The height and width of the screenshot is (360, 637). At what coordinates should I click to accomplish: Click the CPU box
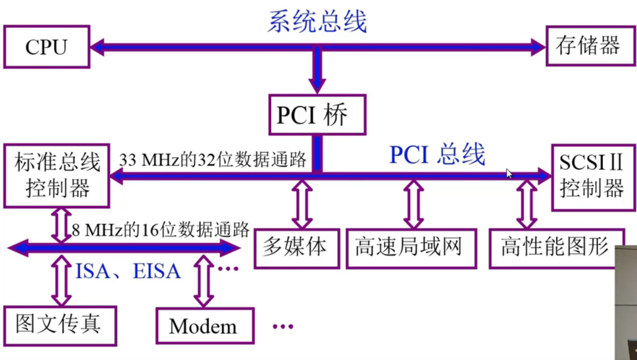[x=46, y=47]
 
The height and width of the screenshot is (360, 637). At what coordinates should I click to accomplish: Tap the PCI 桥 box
[x=317, y=115]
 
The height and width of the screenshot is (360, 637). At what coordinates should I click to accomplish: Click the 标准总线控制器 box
[x=57, y=176]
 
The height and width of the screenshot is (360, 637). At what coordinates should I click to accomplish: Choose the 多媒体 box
[x=296, y=248]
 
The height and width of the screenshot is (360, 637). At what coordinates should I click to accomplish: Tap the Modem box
[x=204, y=326]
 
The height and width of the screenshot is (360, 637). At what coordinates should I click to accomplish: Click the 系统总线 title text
[x=317, y=22]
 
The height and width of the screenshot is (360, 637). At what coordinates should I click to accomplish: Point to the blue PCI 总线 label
[x=437, y=155]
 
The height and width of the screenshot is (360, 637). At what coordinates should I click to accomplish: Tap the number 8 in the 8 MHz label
[x=76, y=229]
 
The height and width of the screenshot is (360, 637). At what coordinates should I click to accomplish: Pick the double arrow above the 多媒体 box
[x=301, y=204]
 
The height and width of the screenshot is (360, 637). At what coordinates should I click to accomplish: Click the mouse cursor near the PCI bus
[x=509, y=173]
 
